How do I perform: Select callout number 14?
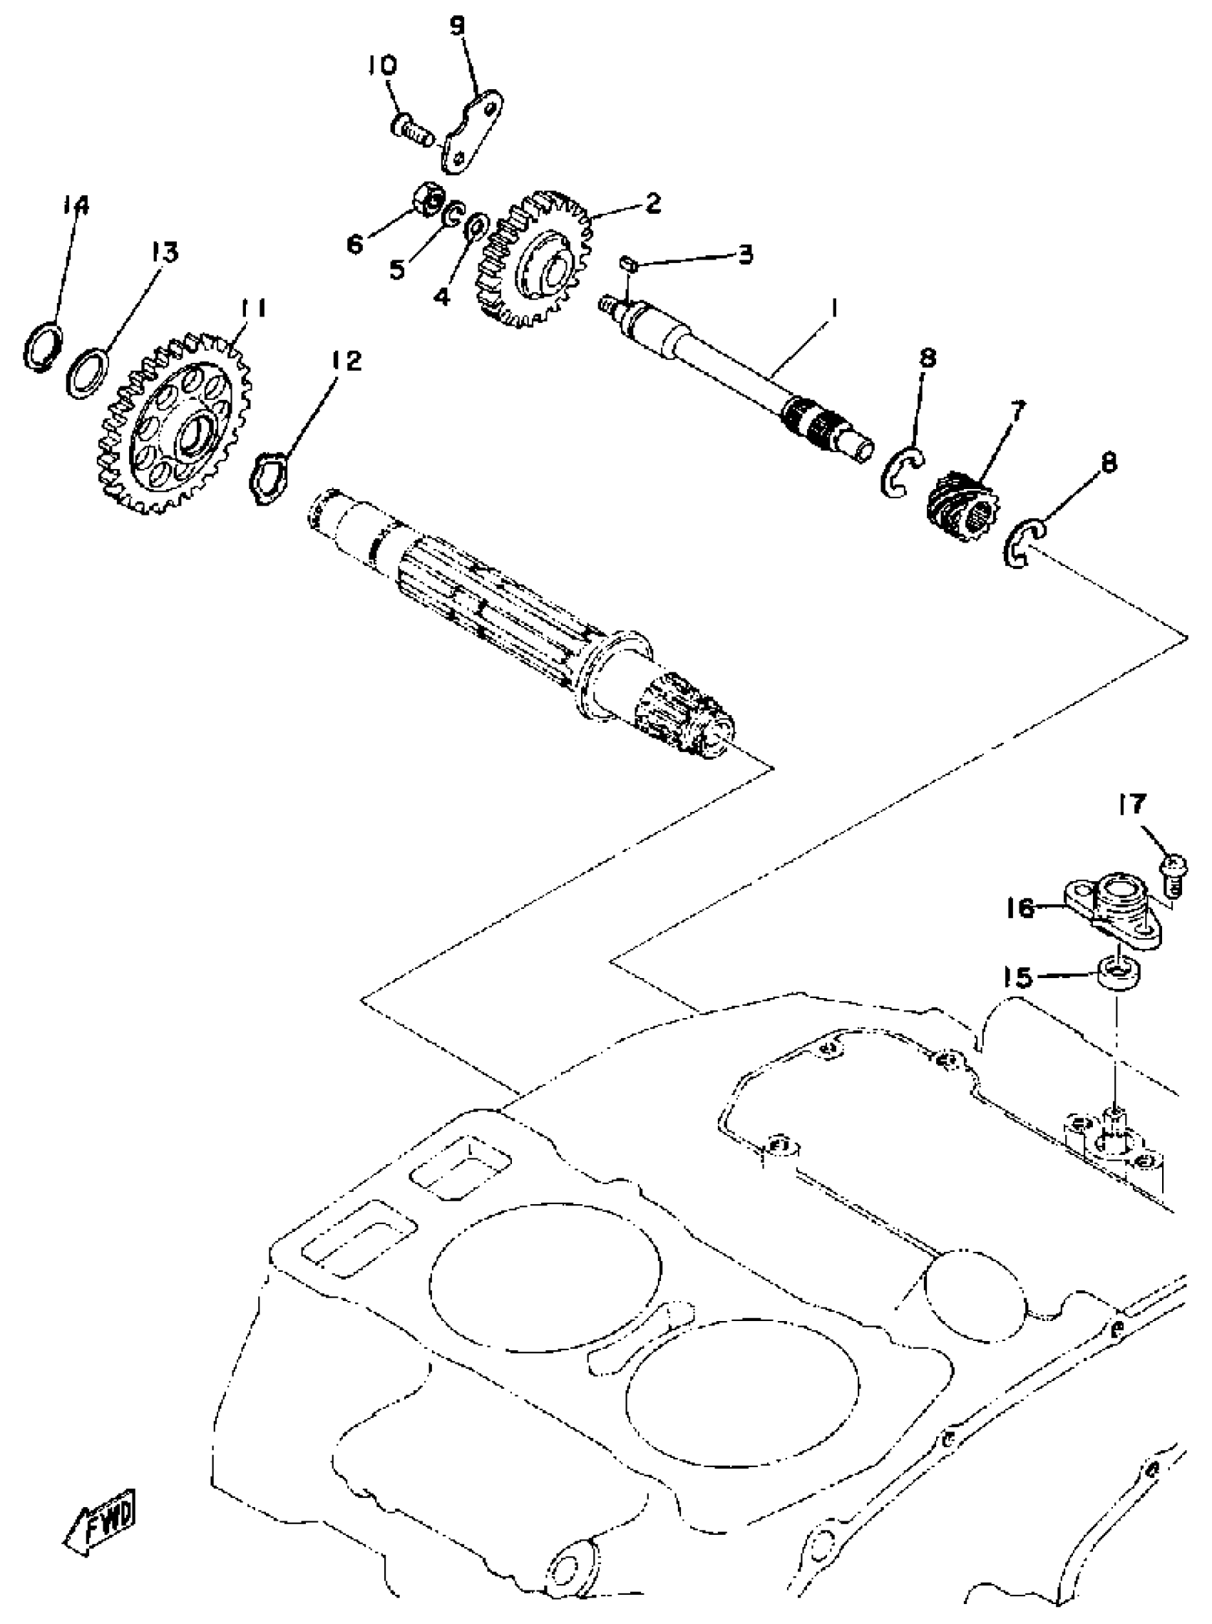point(76,205)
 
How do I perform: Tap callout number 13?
point(165,254)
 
